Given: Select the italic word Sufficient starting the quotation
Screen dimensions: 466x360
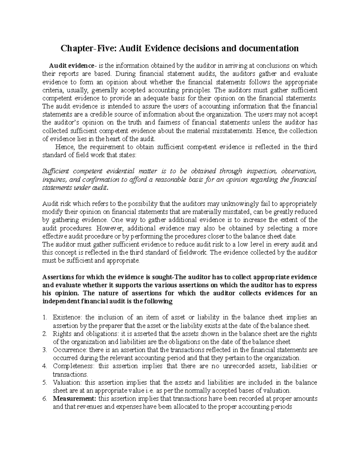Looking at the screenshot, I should (x=56, y=171).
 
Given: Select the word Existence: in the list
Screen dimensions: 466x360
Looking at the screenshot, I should (x=67, y=317).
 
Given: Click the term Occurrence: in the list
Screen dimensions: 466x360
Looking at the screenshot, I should (x=70, y=350).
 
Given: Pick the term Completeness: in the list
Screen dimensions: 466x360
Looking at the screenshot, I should (x=74, y=366).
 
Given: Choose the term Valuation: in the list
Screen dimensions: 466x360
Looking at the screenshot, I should (x=67, y=383).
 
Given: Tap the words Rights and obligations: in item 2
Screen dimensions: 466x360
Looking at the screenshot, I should (x=85, y=334).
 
